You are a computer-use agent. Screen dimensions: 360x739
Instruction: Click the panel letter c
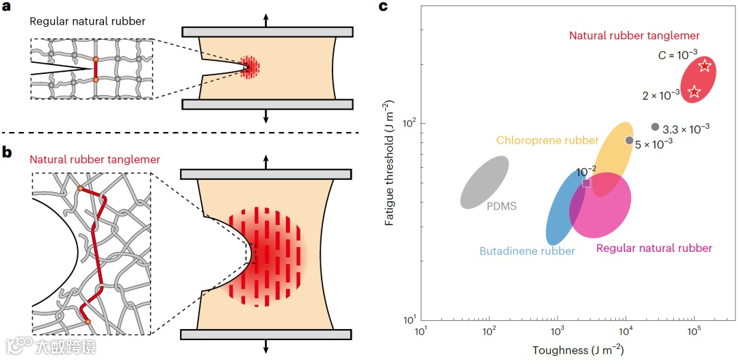(x=383, y=8)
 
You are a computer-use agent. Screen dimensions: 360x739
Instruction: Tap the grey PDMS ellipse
(x=484, y=182)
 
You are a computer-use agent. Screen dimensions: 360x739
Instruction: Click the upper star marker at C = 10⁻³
(x=705, y=66)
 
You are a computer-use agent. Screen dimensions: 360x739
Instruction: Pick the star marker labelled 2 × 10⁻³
(x=694, y=92)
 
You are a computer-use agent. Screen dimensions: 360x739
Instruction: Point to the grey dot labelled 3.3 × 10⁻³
(x=655, y=127)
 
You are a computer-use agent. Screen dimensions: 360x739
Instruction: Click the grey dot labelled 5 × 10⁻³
(x=630, y=140)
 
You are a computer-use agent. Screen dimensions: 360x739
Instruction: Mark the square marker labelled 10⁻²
(x=586, y=183)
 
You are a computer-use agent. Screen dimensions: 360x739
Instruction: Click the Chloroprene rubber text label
(x=547, y=141)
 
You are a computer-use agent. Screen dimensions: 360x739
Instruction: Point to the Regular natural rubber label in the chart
(x=654, y=248)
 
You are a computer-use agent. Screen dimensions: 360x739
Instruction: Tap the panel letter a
(x=9, y=8)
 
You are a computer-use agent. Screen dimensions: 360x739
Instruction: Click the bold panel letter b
(x=9, y=153)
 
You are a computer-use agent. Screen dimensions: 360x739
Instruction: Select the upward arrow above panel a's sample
(x=266, y=18)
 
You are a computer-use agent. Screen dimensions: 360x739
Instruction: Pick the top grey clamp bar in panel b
(x=266, y=173)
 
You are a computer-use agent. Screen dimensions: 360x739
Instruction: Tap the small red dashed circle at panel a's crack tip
(x=251, y=66)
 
